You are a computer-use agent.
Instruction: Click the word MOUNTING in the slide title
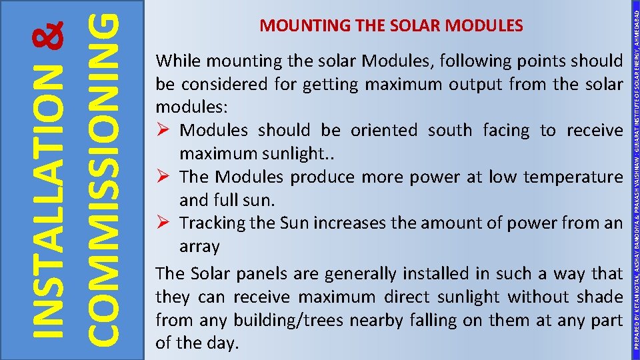(294, 26)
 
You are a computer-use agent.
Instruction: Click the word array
(199, 246)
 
